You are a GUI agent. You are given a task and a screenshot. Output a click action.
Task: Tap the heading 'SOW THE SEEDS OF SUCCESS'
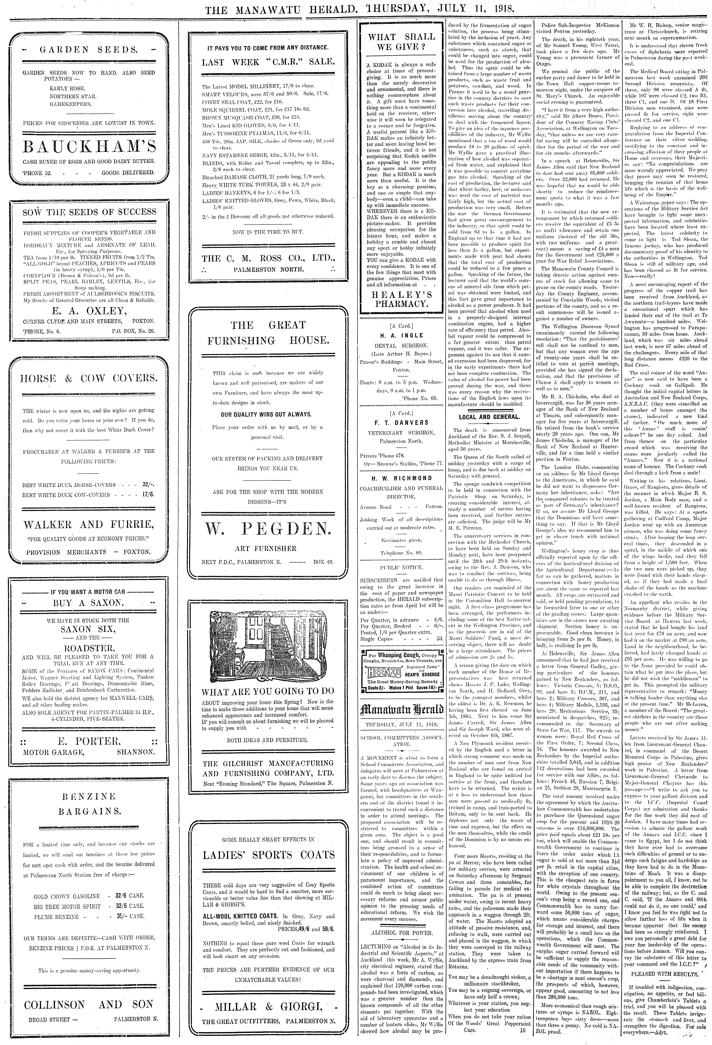coord(89,212)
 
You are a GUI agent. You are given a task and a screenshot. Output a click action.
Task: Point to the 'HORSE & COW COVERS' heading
coord(89,378)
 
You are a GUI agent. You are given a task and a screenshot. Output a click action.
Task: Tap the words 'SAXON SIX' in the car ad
coord(89,629)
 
